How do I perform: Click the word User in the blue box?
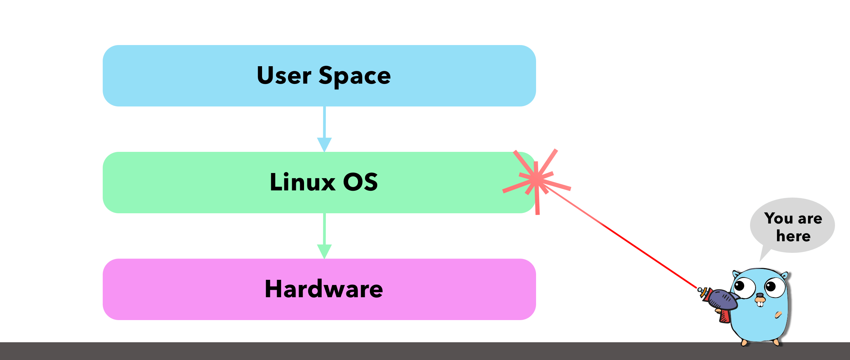click(284, 75)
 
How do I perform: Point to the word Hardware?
click(324, 289)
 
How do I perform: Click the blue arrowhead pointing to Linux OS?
click(324, 144)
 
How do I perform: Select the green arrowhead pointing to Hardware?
click(324, 251)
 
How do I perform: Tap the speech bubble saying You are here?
click(792, 226)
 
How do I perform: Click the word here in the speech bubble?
click(793, 236)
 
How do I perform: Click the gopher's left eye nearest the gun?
click(744, 287)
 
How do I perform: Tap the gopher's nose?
click(760, 296)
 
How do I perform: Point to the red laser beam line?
click(624, 239)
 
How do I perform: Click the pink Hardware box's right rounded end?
click(527, 289)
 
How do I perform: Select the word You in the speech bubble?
click(779, 218)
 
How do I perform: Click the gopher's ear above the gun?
click(736, 274)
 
